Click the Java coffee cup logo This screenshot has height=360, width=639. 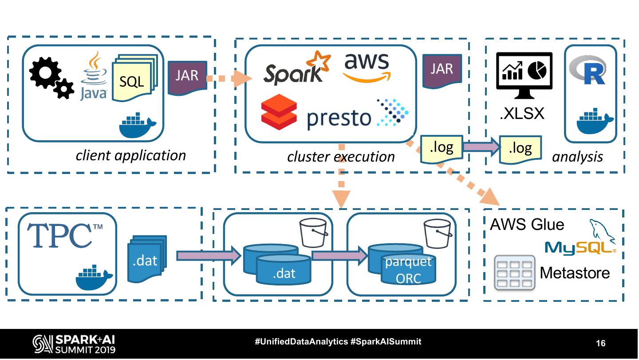click(x=94, y=75)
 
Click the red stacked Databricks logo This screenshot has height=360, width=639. click(x=279, y=111)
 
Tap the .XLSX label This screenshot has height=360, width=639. click(x=522, y=114)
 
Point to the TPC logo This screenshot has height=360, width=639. click(x=65, y=235)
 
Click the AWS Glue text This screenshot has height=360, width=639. click(x=527, y=225)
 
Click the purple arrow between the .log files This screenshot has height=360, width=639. click(x=481, y=147)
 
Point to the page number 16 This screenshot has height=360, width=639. click(x=600, y=343)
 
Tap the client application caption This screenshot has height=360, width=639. click(x=131, y=155)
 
